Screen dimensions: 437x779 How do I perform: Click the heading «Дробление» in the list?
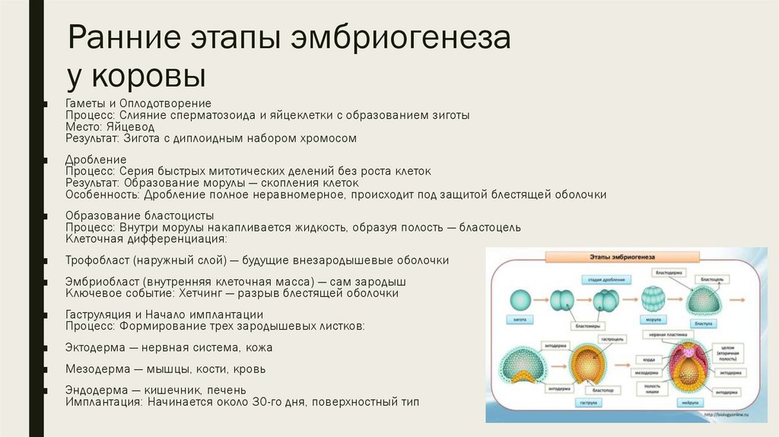tap(96, 160)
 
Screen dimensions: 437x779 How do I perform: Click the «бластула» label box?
tap(704, 324)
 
